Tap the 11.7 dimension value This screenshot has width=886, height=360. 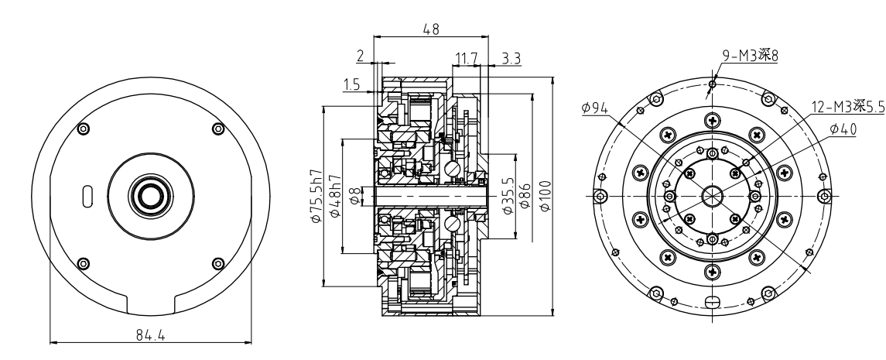pyautogui.click(x=467, y=59)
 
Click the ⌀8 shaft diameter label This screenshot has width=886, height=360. pyautogui.click(x=354, y=198)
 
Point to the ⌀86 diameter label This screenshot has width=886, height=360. pyautogui.click(x=527, y=197)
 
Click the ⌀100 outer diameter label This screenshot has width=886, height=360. pyautogui.click(x=547, y=197)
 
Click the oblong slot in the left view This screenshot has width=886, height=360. pyautogui.click(x=87, y=194)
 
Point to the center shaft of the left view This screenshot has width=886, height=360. pyautogui.click(x=150, y=195)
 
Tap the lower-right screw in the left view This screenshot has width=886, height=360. pyautogui.click(x=217, y=262)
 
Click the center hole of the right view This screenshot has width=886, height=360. pyautogui.click(x=712, y=195)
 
